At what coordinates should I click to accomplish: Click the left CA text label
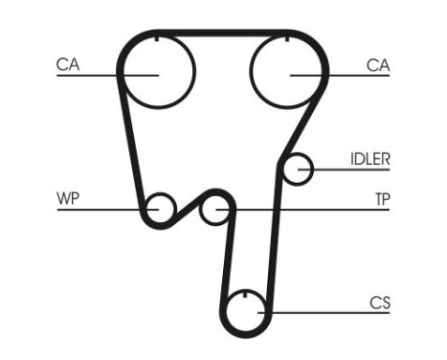tap(68, 64)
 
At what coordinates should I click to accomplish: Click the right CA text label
tap(378, 64)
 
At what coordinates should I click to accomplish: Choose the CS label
tap(380, 303)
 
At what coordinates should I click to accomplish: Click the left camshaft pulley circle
tap(157, 69)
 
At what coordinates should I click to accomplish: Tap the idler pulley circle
tap(300, 169)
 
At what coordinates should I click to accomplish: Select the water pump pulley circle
tap(159, 207)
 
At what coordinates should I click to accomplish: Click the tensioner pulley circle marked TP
tap(217, 208)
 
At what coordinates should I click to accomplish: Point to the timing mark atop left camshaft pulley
tap(157, 39)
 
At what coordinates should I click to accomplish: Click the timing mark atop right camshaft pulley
tap(287, 39)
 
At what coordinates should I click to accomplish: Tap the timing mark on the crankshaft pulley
tap(246, 293)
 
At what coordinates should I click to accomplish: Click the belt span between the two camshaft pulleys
tap(222, 33)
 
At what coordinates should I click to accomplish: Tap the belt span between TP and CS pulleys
tap(225, 259)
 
